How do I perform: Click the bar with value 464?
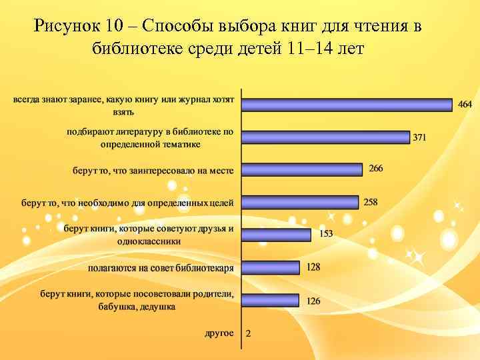347,105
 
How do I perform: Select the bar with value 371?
325,137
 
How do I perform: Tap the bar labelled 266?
302,169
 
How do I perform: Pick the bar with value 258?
300,202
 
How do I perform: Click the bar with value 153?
276,235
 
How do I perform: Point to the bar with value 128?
270,267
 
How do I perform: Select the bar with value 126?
270,300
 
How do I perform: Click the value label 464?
465,104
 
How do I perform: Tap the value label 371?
419,138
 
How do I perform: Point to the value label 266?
376,168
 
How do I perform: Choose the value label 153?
326,233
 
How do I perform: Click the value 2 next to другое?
249,333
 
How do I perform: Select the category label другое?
219,333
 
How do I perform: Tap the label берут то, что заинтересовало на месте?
153,170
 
